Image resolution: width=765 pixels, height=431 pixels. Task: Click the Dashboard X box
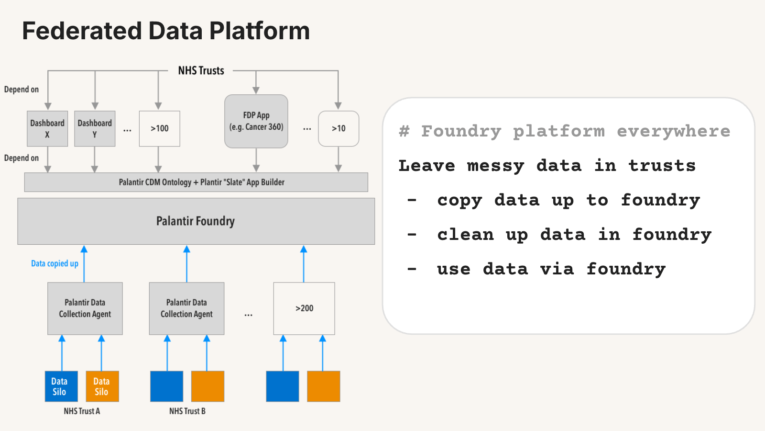coord(47,129)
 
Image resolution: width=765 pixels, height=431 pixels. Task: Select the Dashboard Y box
coord(95,129)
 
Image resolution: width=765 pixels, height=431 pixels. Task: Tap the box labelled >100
coord(160,129)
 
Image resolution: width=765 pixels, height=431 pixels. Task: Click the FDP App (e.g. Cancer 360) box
coord(256,121)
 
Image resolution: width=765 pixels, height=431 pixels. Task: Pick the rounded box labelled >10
coord(339,129)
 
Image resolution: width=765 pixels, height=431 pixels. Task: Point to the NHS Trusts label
coord(201,70)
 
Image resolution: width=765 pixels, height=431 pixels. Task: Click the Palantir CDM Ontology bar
coord(196,182)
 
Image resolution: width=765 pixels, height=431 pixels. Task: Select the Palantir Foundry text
coord(196,221)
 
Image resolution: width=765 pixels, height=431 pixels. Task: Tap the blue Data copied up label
coord(55,263)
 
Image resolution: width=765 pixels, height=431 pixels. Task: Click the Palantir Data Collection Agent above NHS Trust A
coord(85,308)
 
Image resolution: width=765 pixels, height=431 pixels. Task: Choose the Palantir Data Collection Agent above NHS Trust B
coord(186,308)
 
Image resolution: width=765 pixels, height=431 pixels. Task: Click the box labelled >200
coord(304,308)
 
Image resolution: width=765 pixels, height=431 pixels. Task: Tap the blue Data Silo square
coord(62,386)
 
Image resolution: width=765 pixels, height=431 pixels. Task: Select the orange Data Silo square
coord(102,386)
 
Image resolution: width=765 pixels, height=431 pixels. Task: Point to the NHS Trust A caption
coord(82,411)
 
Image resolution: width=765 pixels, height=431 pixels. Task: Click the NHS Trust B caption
coord(187,411)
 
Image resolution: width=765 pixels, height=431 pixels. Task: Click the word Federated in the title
coord(82,31)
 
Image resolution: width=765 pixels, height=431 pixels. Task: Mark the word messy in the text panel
coord(495,166)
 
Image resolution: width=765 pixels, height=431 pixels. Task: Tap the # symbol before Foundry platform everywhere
coord(404,131)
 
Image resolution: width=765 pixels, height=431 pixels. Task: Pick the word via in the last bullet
coord(557,269)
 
